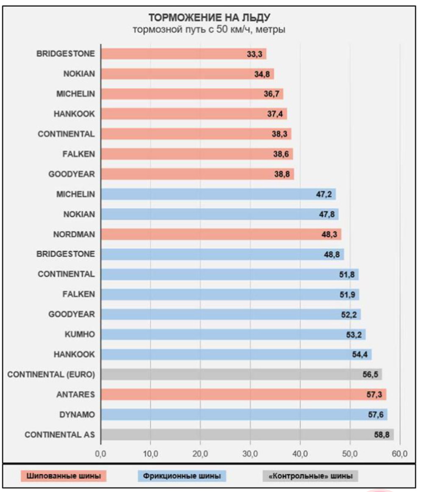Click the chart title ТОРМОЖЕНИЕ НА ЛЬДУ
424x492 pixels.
pyautogui.click(x=209, y=18)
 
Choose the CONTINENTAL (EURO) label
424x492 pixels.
pyautogui.click(x=51, y=374)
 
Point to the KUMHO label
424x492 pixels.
pyautogui.click(x=80, y=334)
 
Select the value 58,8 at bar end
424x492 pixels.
pyautogui.click(x=382, y=434)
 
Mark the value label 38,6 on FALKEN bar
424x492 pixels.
pyautogui.click(x=281, y=154)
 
